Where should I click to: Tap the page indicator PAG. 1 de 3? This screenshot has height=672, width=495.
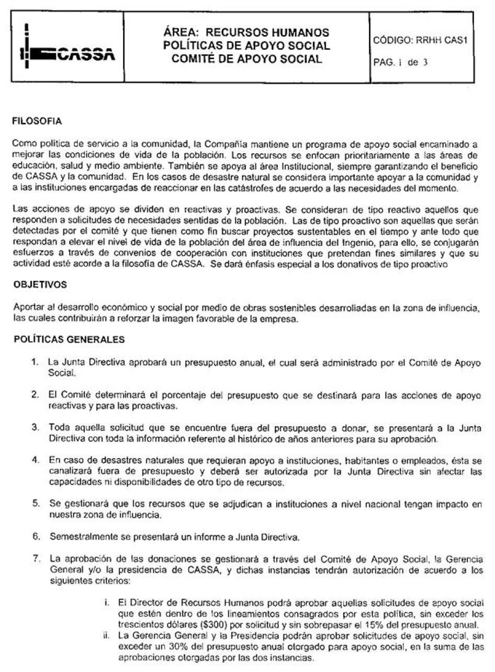tap(401, 62)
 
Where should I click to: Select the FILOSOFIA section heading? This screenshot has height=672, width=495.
tap(37, 122)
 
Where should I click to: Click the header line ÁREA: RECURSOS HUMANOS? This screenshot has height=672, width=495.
tap(246, 33)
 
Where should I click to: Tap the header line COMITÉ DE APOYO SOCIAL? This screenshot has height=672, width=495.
tap(246, 59)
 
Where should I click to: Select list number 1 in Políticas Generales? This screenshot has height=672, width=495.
tap(36, 361)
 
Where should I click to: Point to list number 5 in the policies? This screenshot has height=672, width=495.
tap(36, 503)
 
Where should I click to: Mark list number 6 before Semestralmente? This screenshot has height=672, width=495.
tap(36, 536)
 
